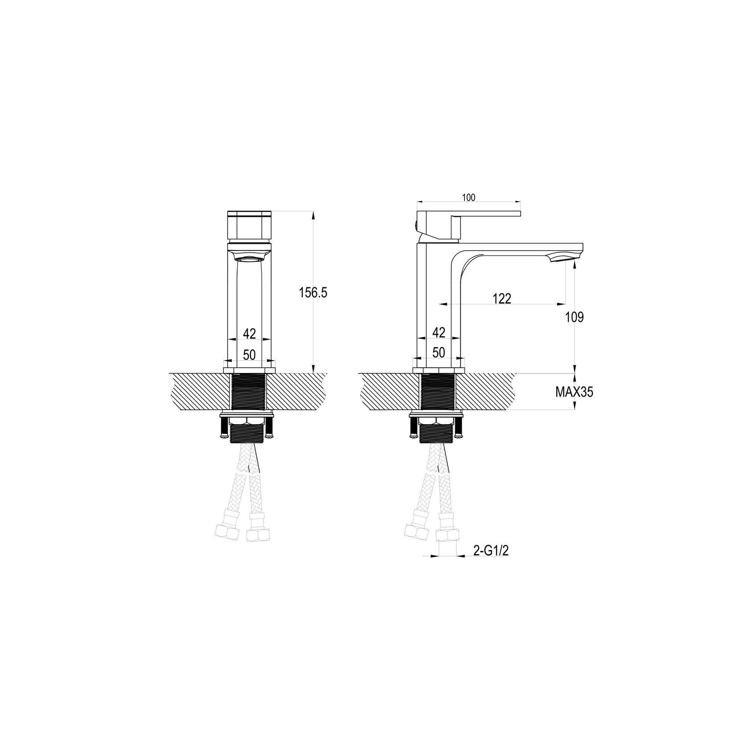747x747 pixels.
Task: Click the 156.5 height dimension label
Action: tap(313, 293)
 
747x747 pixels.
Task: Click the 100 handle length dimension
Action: tap(468, 198)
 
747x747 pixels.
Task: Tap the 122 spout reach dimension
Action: tap(502, 299)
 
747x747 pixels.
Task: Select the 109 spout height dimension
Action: tap(575, 317)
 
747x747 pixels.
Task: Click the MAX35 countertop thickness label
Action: tap(574, 392)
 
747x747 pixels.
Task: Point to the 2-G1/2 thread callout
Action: tap(491, 551)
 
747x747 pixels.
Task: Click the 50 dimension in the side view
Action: tap(439, 353)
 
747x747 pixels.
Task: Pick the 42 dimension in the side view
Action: tap(439, 332)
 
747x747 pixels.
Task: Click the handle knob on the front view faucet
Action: tap(249, 225)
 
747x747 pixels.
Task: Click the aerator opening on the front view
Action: tap(249, 258)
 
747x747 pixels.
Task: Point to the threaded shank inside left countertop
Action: tap(249, 391)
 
